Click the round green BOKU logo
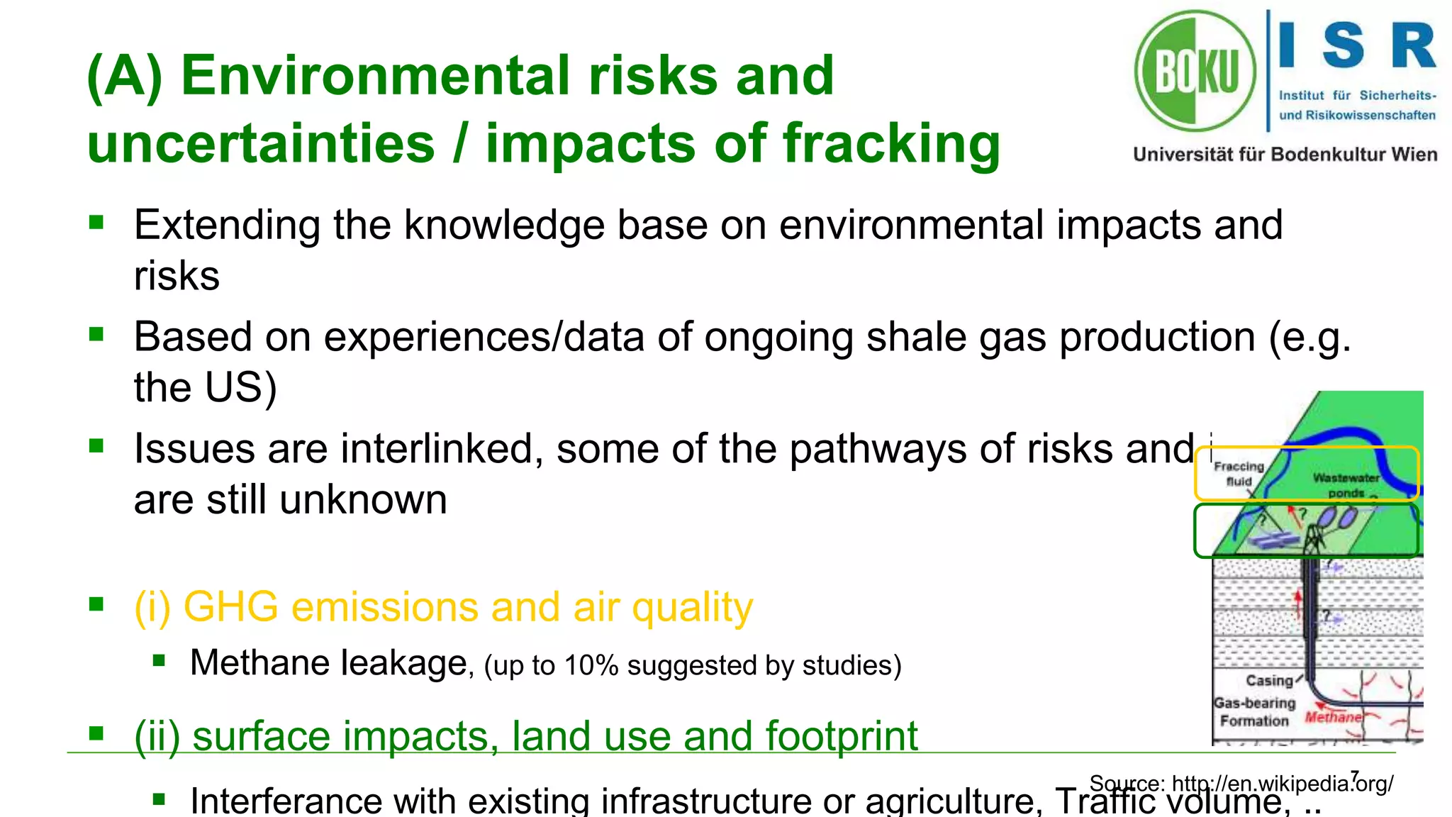click(x=1195, y=71)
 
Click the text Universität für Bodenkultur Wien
click(x=1285, y=155)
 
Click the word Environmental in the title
click(x=376, y=75)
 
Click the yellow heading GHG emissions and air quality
click(x=443, y=608)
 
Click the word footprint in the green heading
click(x=841, y=736)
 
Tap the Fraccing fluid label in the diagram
click(x=1239, y=473)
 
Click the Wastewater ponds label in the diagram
click(x=1346, y=484)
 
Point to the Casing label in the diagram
click(x=1269, y=681)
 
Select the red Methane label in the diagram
click(x=1333, y=717)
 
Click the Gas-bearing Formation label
click(x=1254, y=712)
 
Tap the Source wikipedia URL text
click(x=1241, y=784)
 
